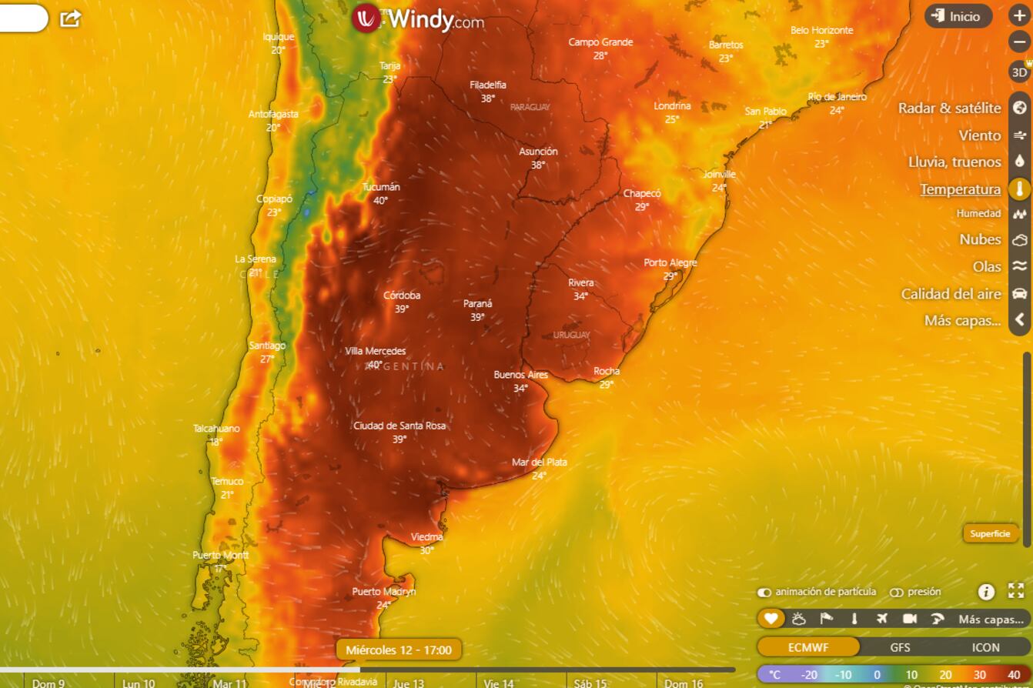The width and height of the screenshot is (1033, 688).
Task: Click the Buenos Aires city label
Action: (x=521, y=376)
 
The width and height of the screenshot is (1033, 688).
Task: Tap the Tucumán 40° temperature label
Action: (x=381, y=193)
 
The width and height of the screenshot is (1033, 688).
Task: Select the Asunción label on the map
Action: (x=538, y=152)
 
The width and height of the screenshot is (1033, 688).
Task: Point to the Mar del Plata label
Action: (x=540, y=463)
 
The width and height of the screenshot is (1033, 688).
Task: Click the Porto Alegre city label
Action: (x=670, y=263)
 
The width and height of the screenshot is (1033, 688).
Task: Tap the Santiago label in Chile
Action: (x=267, y=346)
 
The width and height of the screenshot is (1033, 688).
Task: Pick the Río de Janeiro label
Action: (x=837, y=97)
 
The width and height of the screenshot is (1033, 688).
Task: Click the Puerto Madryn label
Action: (x=384, y=592)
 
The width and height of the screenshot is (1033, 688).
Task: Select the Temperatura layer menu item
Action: (x=960, y=189)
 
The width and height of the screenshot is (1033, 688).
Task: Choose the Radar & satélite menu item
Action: (x=949, y=109)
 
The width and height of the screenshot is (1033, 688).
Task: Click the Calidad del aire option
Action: (x=951, y=294)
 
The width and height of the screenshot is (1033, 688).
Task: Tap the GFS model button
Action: (x=900, y=647)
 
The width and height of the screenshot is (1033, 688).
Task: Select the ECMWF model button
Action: (x=808, y=647)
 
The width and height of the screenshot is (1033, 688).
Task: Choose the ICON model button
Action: (x=985, y=647)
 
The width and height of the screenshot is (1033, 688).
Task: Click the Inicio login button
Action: (x=958, y=16)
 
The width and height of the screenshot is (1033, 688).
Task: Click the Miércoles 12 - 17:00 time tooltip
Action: (x=399, y=650)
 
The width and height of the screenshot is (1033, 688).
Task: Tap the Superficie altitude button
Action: (x=990, y=533)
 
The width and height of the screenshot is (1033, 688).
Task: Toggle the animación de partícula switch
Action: (x=764, y=593)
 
